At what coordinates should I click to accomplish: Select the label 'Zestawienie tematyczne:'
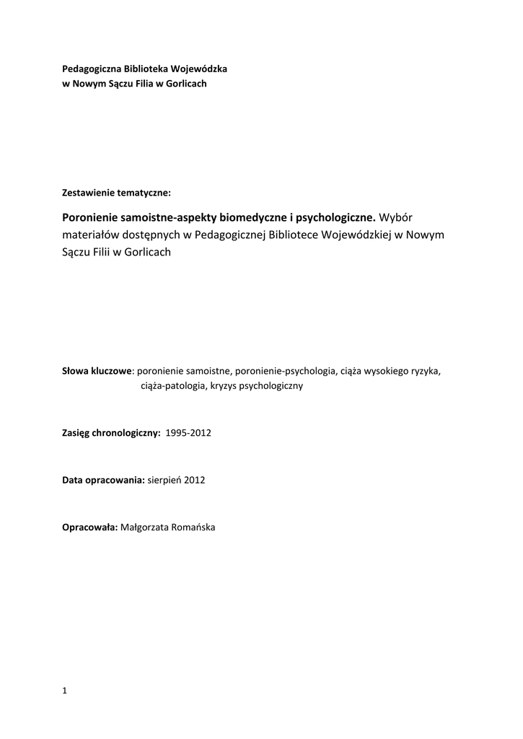[x=117, y=193]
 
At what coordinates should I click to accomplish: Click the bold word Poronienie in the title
[x=92, y=217]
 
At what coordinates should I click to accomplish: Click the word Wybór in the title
[x=398, y=217]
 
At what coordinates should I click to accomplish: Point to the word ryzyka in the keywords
[x=424, y=371]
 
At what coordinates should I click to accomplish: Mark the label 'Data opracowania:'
[x=105, y=480]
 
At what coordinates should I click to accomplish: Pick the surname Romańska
[x=191, y=527]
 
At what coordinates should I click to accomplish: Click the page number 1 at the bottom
[x=65, y=691]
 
